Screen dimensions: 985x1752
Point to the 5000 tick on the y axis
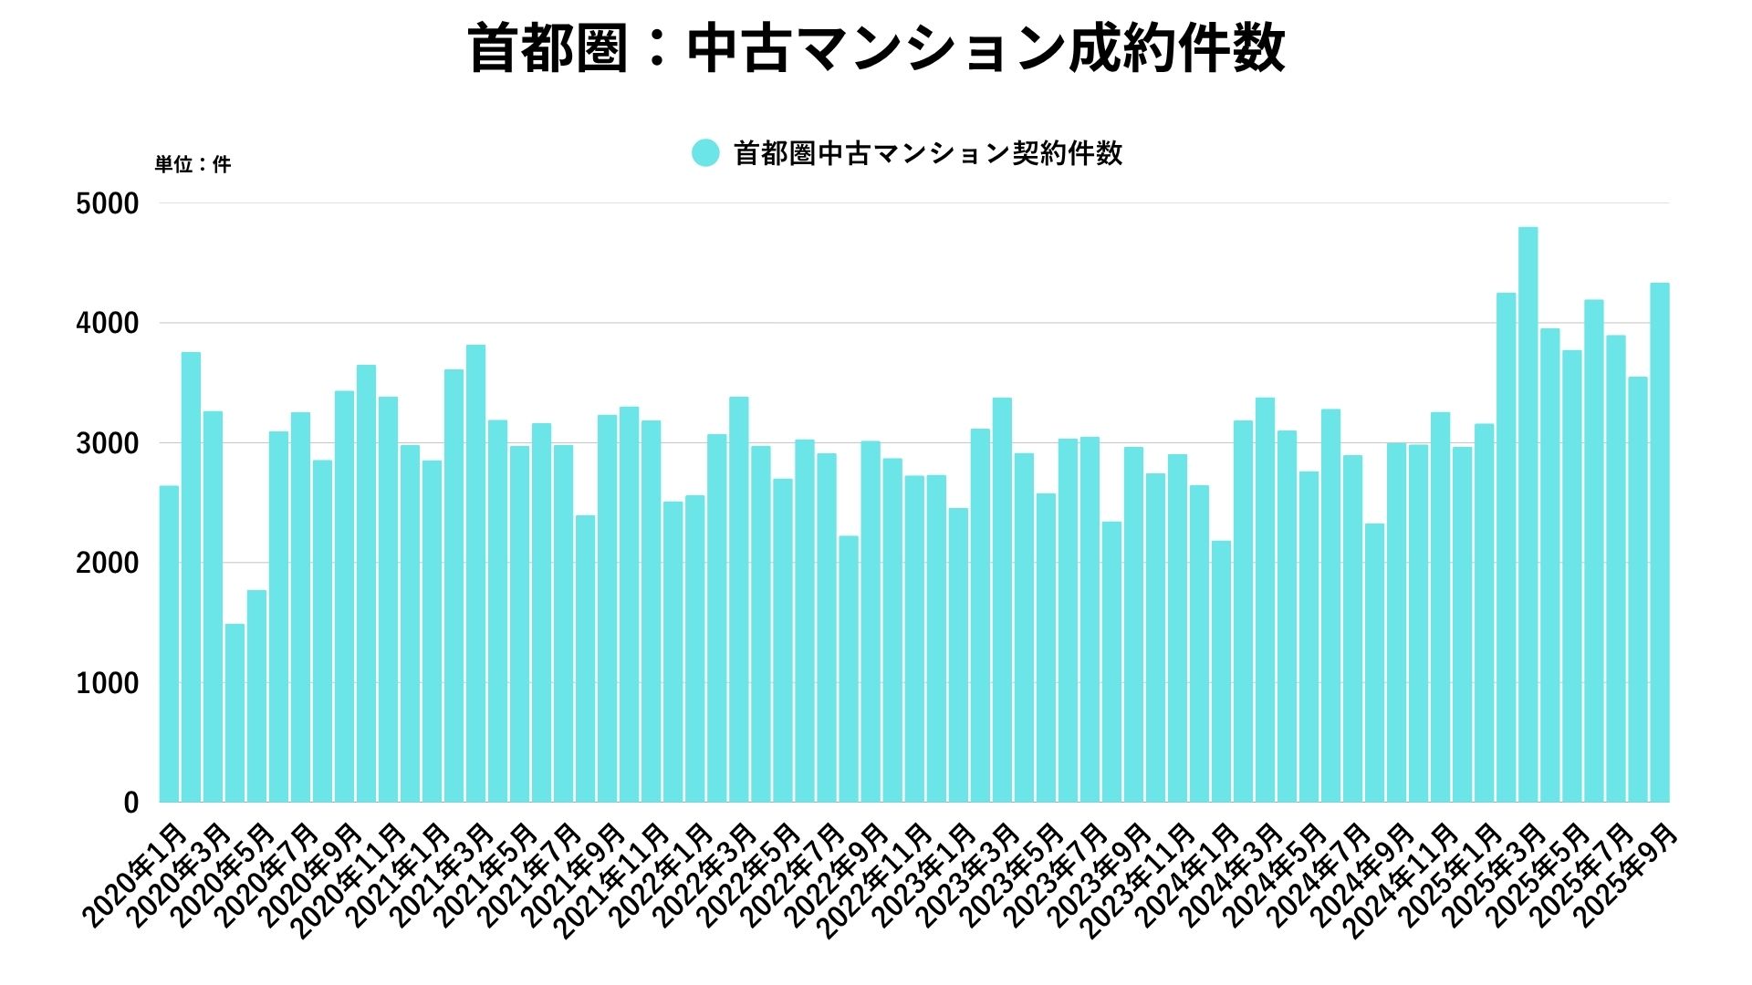coord(108,203)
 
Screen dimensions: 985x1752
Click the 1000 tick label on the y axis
coord(108,683)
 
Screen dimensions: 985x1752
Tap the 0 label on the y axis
coord(131,803)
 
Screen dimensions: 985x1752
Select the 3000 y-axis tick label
coord(108,443)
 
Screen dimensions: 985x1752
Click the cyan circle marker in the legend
coord(705,153)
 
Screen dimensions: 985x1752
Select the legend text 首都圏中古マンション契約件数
coord(928,153)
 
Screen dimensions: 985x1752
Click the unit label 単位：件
coord(193,165)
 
